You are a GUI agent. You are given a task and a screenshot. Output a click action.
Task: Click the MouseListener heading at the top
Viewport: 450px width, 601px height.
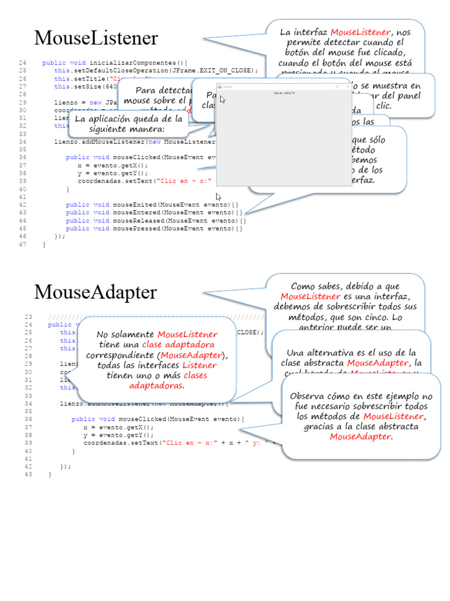[96, 39]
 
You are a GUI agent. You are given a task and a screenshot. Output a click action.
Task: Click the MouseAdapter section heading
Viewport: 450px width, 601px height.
[96, 292]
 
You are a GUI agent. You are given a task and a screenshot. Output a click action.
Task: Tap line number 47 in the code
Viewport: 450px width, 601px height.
[22, 245]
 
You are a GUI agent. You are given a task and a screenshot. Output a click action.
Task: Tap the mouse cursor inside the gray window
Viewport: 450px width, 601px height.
[223, 100]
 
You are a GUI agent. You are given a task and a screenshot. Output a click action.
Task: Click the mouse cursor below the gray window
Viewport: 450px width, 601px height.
[219, 197]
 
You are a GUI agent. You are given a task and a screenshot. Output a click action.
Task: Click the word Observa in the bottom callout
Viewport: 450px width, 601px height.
[307, 396]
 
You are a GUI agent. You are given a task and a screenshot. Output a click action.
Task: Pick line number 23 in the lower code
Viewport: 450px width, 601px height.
[28, 316]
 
